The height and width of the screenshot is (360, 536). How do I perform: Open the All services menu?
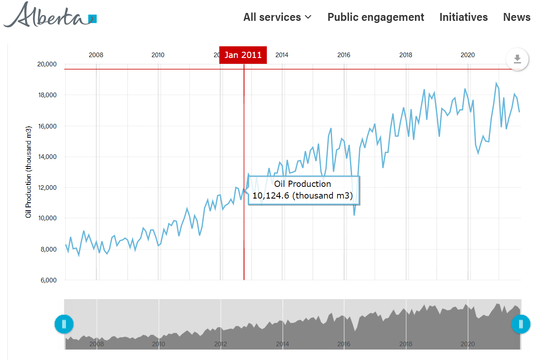277,17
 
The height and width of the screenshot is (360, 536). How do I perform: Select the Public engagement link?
375,17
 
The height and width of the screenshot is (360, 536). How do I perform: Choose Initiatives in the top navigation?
463,17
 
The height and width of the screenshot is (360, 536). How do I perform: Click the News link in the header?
516,17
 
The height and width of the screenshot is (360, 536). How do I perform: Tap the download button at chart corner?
517,59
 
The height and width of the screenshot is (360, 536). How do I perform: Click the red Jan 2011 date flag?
243,55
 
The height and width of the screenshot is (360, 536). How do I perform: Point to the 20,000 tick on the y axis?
47,64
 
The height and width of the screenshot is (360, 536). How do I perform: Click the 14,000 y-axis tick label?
47,157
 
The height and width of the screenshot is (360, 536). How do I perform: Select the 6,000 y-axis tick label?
48,280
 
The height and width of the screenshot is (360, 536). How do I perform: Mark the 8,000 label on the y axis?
48,249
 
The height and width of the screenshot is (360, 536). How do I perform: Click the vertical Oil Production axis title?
28,171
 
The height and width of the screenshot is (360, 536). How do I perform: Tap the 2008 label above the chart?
96,55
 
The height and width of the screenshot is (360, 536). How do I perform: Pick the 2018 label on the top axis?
405,55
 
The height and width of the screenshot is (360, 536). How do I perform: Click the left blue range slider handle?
64,324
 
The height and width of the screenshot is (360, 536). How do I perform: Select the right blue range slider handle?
521,324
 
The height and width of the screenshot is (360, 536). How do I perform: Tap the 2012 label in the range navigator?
220,344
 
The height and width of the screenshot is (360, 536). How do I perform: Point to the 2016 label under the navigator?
344,344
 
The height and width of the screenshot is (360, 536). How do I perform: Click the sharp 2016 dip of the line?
354,215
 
